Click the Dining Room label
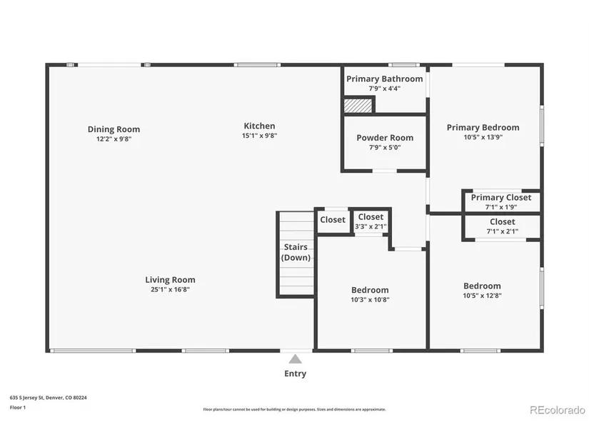coord(114,129)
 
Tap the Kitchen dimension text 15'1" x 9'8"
coord(260,136)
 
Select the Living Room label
coord(170,280)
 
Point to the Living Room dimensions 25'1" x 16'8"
coord(170,289)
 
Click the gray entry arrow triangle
coord(296,359)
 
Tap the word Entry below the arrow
coord(296,373)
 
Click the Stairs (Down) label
coord(296,252)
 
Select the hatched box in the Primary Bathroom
coord(358,106)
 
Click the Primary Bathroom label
coord(385,79)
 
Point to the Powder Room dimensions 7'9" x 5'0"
coord(385,148)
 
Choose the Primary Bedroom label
coord(483,128)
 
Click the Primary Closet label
coord(501,198)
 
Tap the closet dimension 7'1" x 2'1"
coord(502,231)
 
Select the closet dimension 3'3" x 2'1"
coord(371,226)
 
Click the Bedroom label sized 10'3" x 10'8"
coord(370,290)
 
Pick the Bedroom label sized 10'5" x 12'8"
coord(482,286)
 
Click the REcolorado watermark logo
coord(558,410)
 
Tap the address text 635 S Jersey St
coord(27,398)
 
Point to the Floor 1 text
coord(18,408)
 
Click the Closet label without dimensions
coord(333,220)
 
